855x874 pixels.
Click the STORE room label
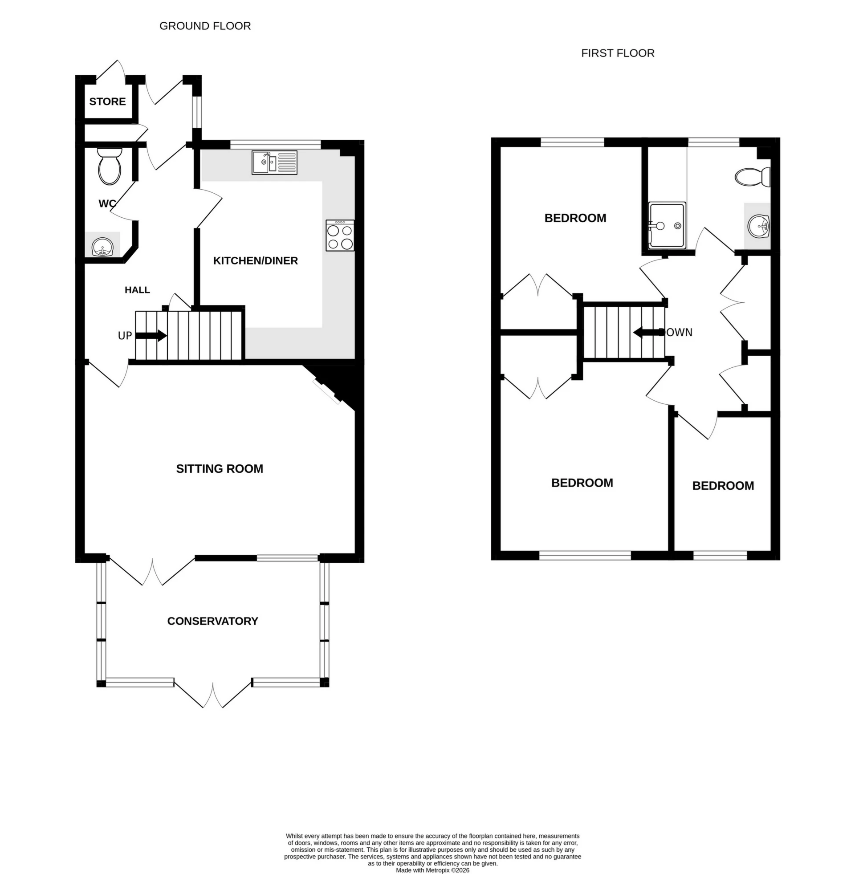tap(107, 102)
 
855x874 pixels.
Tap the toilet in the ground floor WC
tap(110, 167)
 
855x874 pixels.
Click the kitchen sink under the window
tap(274, 162)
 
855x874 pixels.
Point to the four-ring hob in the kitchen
tap(340, 235)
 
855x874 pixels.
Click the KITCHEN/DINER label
tap(255, 261)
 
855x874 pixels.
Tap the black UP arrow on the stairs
tap(151, 335)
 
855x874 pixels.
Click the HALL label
tap(138, 290)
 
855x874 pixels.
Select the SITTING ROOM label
tap(220, 469)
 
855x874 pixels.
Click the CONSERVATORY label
tap(212, 621)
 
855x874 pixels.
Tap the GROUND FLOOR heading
tap(205, 26)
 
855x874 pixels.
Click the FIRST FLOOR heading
tap(618, 53)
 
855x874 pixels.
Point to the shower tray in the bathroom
tap(667, 224)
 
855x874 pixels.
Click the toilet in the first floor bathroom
tap(753, 177)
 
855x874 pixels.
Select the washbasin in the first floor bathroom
tap(759, 226)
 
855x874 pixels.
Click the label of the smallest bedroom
tap(723, 486)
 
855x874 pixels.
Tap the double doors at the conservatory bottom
tap(213, 695)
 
